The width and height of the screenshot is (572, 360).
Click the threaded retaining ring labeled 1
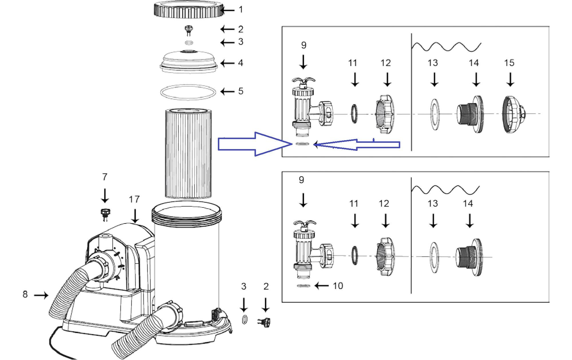[189, 10]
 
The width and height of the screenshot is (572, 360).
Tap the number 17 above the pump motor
[134, 199]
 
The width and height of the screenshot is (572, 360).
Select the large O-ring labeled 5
[188, 92]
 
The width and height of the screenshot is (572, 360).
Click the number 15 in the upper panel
[509, 63]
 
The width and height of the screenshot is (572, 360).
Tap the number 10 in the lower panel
[338, 286]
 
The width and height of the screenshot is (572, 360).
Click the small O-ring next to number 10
[303, 286]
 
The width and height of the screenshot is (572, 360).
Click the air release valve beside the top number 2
[189, 30]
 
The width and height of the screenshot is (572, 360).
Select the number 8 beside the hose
[25, 294]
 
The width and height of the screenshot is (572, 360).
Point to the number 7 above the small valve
[105, 177]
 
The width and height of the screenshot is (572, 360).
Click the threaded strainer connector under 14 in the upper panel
[470, 114]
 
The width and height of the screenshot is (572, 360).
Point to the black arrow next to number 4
[227, 63]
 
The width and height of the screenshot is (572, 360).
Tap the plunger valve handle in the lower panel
[305, 224]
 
